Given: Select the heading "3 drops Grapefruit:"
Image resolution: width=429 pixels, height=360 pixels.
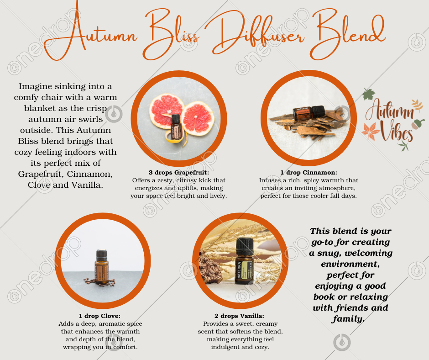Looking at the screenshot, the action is pos(178,173).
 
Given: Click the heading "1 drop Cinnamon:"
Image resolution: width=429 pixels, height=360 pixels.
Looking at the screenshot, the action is pos(309,173).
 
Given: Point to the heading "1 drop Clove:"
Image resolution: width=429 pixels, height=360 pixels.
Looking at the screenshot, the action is pos(99,316).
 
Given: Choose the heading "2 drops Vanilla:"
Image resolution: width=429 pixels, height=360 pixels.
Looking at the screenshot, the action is pos(240,316).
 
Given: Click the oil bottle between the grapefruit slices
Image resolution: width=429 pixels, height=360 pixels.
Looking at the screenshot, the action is pos(176,127).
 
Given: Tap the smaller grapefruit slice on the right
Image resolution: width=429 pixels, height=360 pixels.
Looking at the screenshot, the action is pos(198,118).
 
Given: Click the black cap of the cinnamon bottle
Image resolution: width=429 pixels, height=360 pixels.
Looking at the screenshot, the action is pos(318,111).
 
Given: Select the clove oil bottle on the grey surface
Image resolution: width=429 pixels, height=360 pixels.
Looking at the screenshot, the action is pos(102,267).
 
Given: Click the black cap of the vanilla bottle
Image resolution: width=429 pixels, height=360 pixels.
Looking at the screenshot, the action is pos(245,247).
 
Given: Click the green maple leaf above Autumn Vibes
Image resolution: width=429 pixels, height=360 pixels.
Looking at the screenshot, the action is pos(369,94).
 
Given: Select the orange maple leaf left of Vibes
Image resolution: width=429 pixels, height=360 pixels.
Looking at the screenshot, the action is pos(371,131).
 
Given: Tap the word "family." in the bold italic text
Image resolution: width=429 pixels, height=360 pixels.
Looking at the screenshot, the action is pos(348,319).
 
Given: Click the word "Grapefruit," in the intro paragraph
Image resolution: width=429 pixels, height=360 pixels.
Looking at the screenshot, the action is pos(41,174).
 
